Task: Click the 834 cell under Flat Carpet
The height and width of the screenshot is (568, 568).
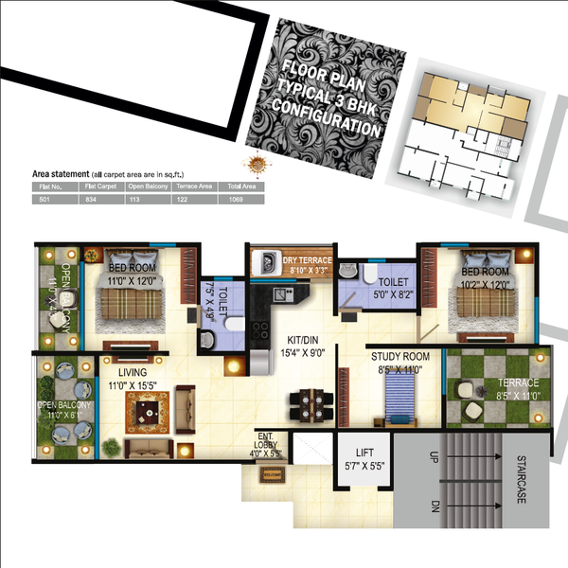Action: (90, 199)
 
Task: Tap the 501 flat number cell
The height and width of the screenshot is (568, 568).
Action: (44, 199)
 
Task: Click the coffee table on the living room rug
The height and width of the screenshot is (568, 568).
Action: (146, 410)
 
